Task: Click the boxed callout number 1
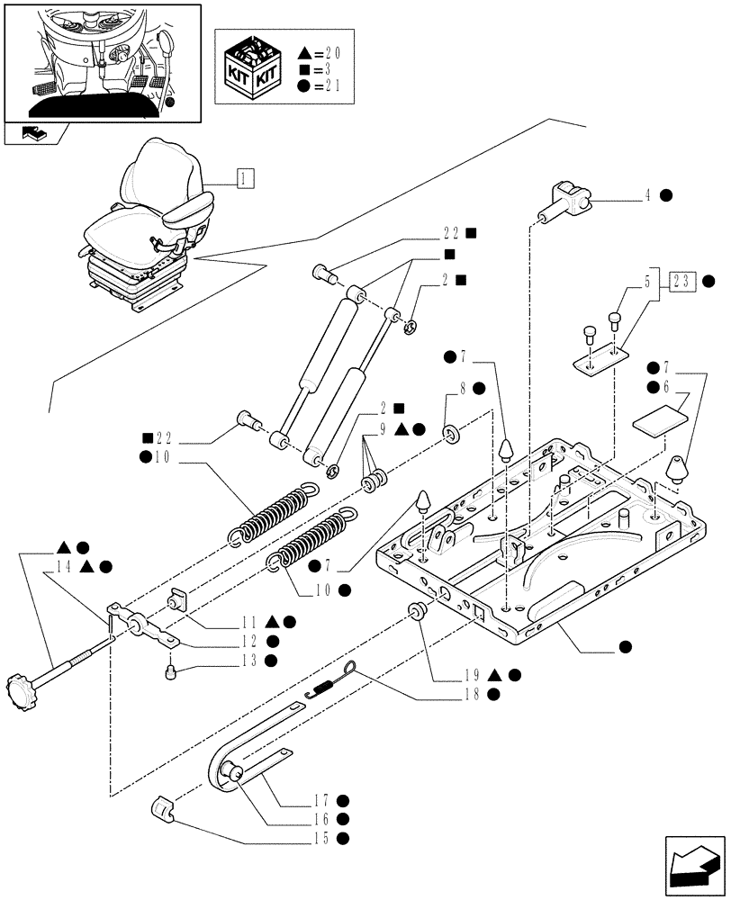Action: pyautogui.click(x=245, y=177)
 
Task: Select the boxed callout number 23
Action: pyautogui.click(x=681, y=281)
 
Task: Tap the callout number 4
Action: pyautogui.click(x=647, y=194)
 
